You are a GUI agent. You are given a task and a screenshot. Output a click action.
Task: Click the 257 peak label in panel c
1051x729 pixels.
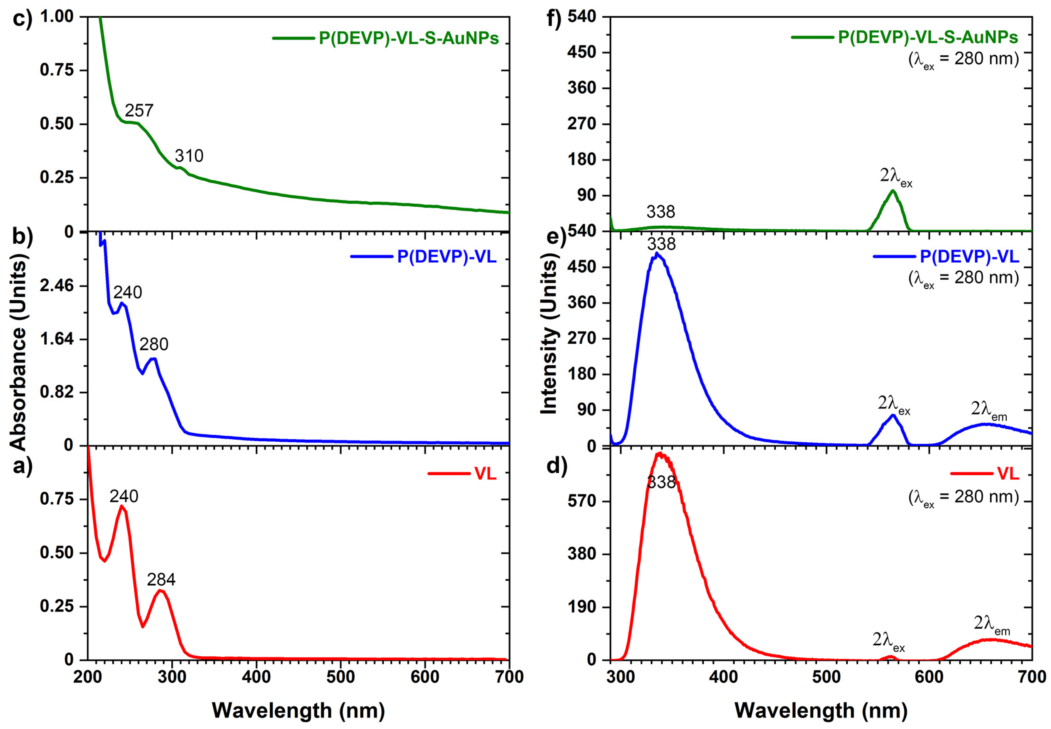[139, 111]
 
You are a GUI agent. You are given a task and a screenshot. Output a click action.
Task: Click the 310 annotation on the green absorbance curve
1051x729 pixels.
[189, 156]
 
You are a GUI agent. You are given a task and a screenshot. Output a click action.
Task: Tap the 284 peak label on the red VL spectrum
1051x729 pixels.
[161, 580]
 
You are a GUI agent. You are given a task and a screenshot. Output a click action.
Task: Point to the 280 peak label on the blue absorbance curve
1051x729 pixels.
[154, 344]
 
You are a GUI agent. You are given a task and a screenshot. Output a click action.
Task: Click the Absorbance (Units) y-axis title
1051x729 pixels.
[18, 352]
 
